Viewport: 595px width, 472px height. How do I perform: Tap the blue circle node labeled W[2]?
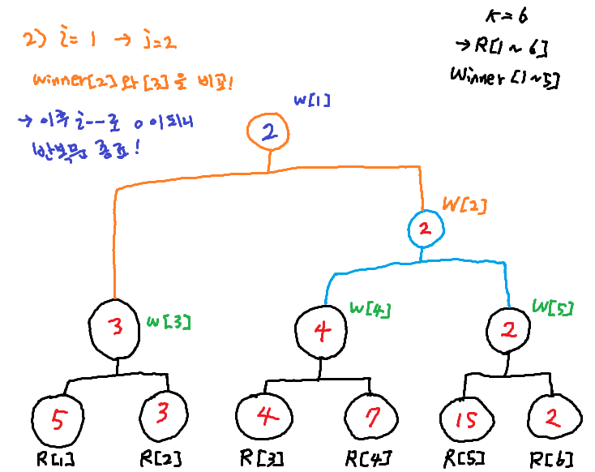[424, 230]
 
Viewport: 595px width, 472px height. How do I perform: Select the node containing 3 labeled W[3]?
[116, 327]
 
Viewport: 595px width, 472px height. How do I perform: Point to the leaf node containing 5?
[58, 419]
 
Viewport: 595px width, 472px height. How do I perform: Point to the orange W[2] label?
[464, 206]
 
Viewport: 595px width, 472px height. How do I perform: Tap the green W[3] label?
[169, 322]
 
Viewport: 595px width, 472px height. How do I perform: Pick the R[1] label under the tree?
[54, 459]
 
